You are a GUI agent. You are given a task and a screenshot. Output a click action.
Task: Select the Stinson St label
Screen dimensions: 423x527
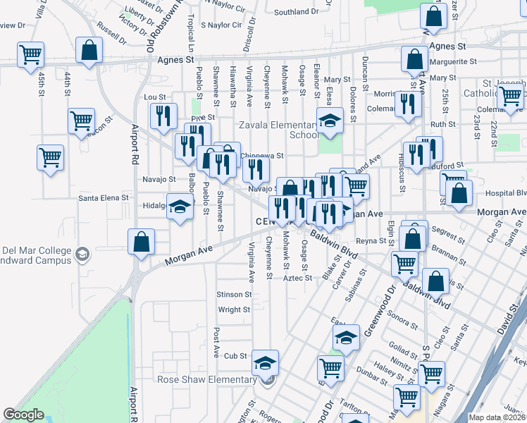click(x=234, y=294)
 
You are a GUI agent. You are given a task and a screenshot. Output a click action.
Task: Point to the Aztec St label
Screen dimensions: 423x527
click(x=297, y=278)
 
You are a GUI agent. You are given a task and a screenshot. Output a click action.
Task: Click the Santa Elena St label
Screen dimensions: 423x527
click(x=102, y=198)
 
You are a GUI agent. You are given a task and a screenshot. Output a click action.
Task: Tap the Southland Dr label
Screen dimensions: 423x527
click(x=296, y=12)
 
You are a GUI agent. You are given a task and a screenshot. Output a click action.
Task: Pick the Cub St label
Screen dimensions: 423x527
click(x=236, y=356)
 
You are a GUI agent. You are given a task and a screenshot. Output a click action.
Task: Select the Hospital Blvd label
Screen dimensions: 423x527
click(x=507, y=192)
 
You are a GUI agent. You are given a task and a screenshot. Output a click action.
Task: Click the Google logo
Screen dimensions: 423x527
click(x=23, y=415)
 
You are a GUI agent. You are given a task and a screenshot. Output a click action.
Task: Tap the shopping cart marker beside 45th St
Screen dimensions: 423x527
click(x=30, y=54)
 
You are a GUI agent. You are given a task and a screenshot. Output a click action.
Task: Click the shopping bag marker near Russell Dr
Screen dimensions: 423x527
click(x=89, y=50)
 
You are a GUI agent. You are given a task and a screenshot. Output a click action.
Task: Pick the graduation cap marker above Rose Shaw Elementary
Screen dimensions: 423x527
click(x=266, y=362)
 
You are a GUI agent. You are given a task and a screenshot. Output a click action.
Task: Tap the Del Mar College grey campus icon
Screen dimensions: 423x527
click(x=82, y=254)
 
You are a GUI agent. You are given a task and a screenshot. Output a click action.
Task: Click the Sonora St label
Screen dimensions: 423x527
click(x=402, y=319)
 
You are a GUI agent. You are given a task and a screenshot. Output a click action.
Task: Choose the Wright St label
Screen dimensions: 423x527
click(x=235, y=309)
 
